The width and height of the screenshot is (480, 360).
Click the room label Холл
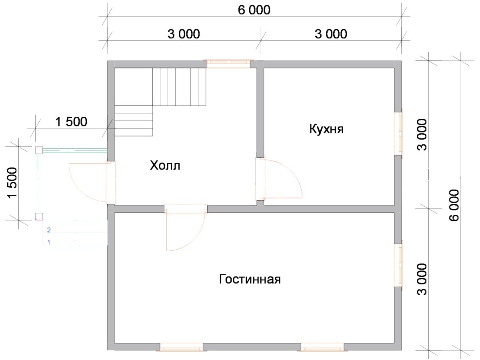pyautogui.click(x=165, y=166)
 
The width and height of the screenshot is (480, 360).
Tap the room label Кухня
pyautogui.click(x=326, y=129)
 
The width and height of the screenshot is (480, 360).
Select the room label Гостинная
pyautogui.click(x=250, y=279)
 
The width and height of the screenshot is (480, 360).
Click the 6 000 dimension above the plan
pyautogui.click(x=254, y=10)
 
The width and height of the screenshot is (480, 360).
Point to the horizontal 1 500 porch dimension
pyautogui.click(x=71, y=122)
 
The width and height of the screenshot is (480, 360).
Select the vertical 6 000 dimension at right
pyautogui.click(x=454, y=205)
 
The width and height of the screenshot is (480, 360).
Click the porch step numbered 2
pyautogui.click(x=49, y=230)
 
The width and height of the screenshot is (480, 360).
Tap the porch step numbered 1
pyautogui.click(x=49, y=242)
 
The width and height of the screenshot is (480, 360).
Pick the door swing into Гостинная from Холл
pyautogui.click(x=198, y=238)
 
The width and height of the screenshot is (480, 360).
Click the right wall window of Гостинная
pyautogui.click(x=399, y=265)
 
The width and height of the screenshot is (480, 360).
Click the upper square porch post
pyautogui.click(x=39, y=150)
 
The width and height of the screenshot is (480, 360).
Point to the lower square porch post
pyautogui.click(x=39, y=217)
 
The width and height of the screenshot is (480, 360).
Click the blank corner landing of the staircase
pyautogui.click(x=133, y=87)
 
